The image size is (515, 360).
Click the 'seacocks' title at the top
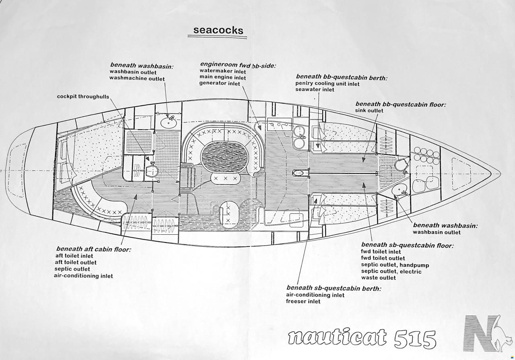218,30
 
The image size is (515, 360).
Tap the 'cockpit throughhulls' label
83,97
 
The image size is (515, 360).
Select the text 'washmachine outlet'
137,79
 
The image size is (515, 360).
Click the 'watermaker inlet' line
222,71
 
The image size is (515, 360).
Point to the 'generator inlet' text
219,84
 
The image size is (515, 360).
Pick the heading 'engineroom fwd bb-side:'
238,65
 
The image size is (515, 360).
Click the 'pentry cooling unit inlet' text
327,84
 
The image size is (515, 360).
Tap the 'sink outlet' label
369,111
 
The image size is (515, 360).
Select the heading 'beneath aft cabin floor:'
93,249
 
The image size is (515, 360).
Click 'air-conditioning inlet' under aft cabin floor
83,276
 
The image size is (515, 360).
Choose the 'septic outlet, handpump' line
395,265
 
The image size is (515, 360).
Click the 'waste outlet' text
378,277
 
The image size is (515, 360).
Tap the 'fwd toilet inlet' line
381,252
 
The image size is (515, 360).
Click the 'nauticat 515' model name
362,339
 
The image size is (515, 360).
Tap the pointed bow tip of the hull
491,174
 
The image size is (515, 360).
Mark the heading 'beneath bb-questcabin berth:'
341,77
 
